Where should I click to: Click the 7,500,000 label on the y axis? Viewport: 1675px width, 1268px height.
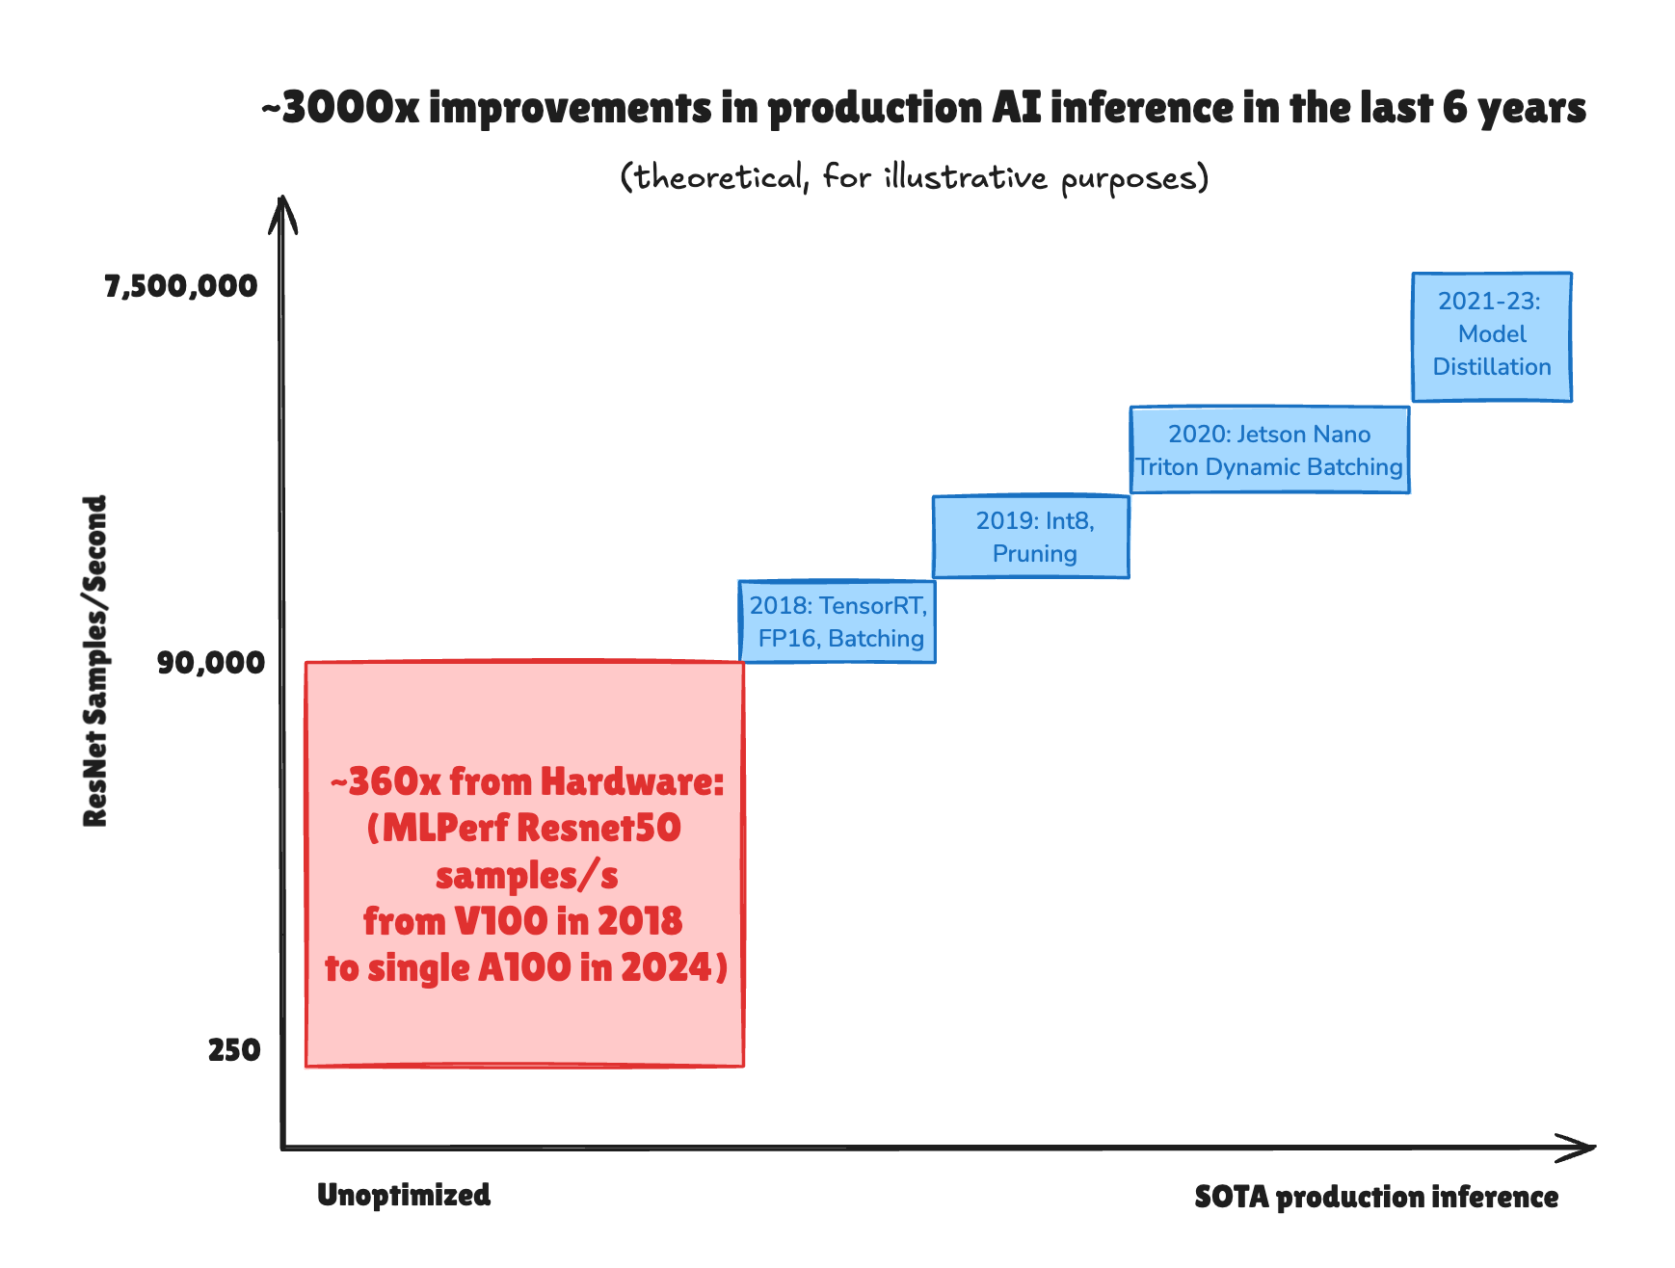pos(181,286)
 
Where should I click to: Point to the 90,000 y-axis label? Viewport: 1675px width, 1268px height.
pos(210,663)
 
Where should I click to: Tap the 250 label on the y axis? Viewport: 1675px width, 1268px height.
pos(234,1050)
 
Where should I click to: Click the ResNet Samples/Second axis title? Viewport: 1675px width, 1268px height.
pos(94,661)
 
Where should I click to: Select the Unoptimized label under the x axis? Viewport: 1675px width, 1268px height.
pos(404,1196)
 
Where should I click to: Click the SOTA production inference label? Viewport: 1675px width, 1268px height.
pos(1376,1198)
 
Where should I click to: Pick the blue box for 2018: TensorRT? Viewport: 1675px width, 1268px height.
pos(837,621)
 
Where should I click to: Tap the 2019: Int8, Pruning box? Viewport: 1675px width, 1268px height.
pos(1031,537)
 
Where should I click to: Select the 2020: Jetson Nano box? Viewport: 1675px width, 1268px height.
pos(1269,450)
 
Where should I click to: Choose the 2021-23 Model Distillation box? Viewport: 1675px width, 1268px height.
pos(1492,336)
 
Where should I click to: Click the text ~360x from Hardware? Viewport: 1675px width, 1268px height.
pos(526,782)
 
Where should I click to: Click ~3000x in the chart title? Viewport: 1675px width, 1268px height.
pos(340,108)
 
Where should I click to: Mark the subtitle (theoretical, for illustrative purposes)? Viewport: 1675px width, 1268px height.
pos(914,177)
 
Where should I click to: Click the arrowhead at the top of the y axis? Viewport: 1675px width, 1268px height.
pos(281,210)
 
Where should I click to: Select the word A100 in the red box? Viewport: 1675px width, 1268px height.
pos(524,968)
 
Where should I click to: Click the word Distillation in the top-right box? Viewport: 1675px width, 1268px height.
pos(1492,367)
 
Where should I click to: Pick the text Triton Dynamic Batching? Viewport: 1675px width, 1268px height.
pos(1269,467)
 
